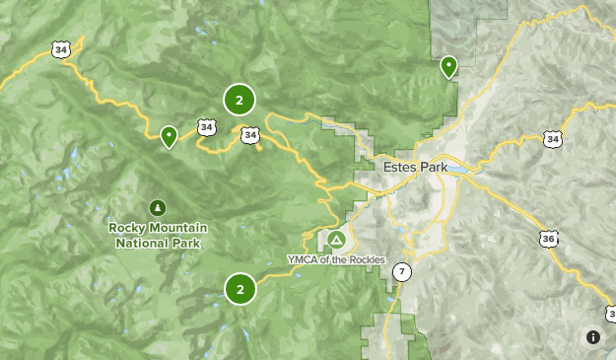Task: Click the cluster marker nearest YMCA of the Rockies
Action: point(240,289)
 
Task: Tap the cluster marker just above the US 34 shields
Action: point(240,99)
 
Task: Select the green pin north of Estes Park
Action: point(448,66)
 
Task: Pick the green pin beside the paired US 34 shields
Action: point(170,135)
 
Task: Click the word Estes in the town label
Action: point(401,168)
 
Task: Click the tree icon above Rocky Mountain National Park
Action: point(157,207)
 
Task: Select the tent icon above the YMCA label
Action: point(336,240)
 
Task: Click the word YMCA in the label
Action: point(302,259)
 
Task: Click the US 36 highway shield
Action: point(548,239)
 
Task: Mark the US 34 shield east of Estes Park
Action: point(552,139)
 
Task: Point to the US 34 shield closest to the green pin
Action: point(206,127)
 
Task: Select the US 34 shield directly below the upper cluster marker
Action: point(249,134)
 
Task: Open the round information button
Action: point(592,337)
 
